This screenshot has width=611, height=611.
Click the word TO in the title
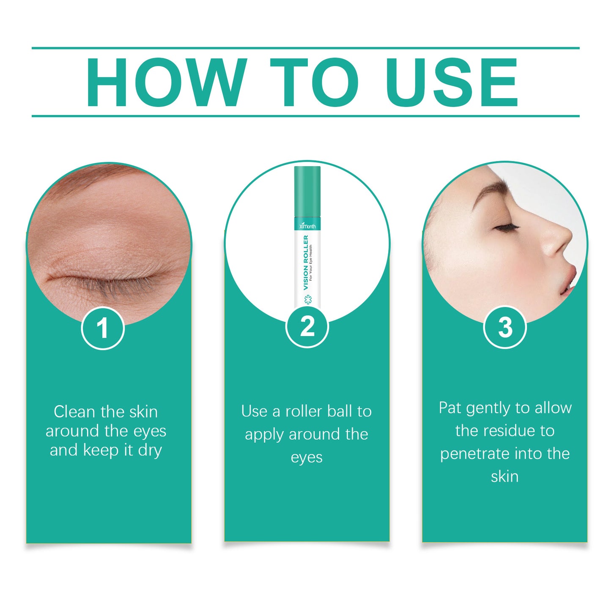314,82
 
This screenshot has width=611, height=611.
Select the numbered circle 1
102,328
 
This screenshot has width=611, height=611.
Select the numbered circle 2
307,327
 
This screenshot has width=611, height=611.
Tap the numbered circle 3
504,327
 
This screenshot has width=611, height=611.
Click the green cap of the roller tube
307,190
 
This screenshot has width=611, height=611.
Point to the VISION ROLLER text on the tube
306,262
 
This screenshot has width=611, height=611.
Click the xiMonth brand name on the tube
307,226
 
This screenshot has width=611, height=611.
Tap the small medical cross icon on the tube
307,300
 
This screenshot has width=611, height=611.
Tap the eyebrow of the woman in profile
490,190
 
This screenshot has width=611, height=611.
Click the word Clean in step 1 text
74,411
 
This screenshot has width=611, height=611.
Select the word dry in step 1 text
150,450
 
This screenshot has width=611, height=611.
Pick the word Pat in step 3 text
450,408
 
